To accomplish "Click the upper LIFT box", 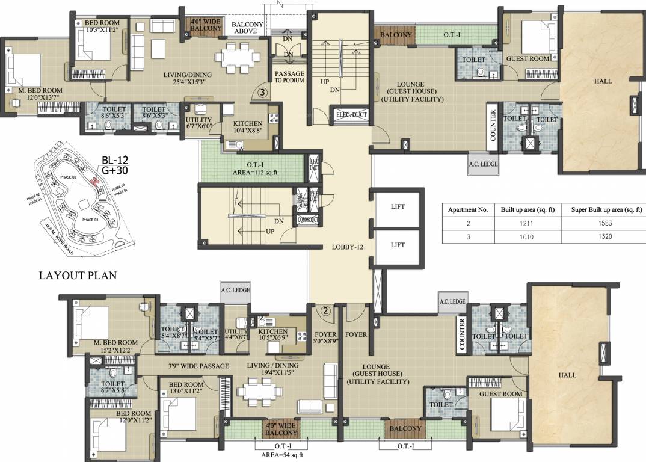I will click(398, 207).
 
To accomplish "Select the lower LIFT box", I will click(398, 245).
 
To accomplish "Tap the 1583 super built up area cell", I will click(602, 223).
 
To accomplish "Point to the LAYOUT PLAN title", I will click(78, 276).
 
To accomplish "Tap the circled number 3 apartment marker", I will click(262, 93).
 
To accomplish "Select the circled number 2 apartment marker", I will click(325, 311).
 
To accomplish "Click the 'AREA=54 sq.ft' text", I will click(280, 455).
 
